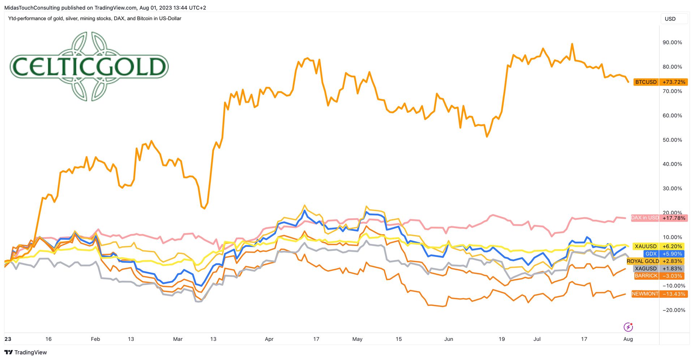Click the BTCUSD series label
646,82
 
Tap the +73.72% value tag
674,82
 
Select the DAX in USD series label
645,218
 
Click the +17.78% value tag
674,218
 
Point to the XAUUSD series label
646,247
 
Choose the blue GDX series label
651,254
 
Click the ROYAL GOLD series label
643,261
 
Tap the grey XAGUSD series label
646,269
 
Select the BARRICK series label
646,276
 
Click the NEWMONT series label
645,294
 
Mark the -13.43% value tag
674,294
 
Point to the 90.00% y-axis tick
672,43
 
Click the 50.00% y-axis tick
672,140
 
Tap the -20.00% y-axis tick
674,310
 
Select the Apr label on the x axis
269,339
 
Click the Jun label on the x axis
449,339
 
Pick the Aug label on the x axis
628,339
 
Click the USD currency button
670,19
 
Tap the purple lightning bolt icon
628,327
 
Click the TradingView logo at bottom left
26,352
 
